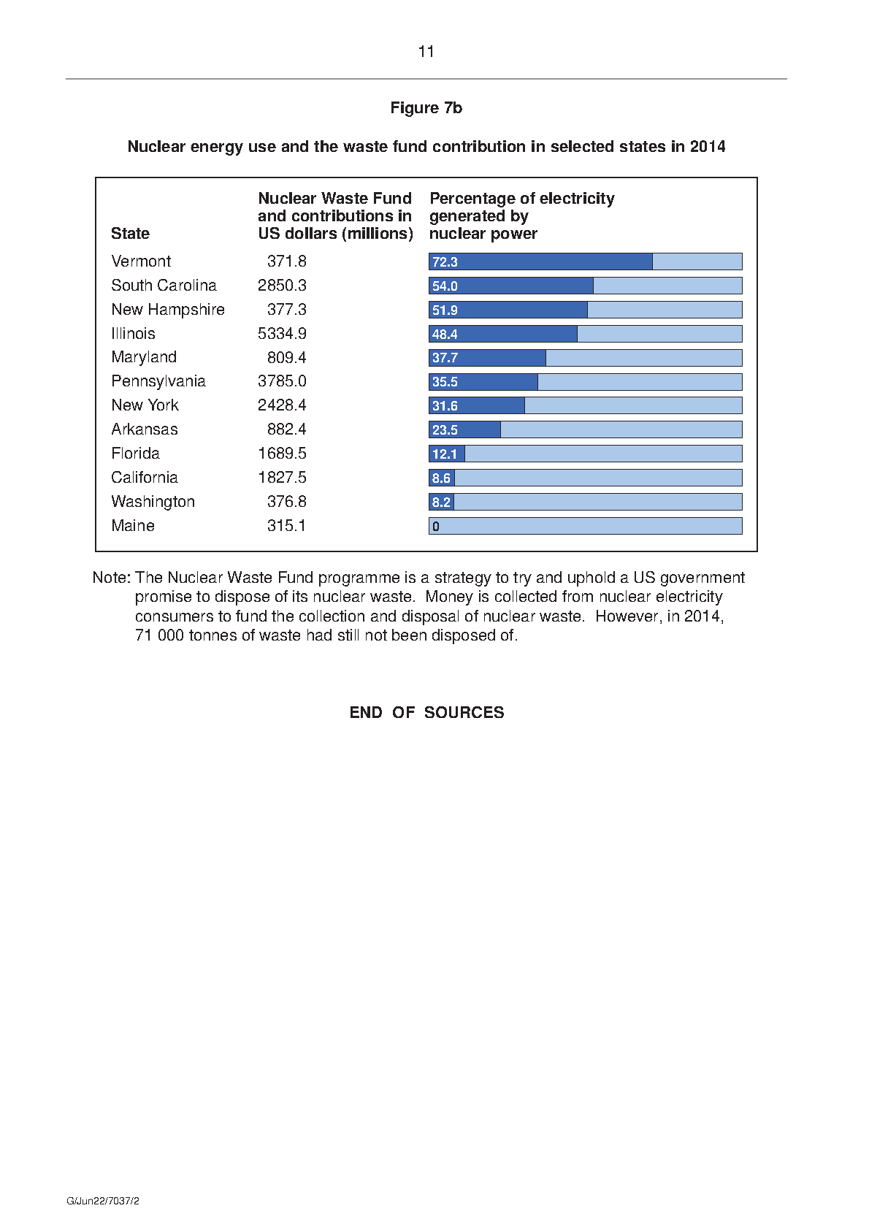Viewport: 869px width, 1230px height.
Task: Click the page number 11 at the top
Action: click(426, 52)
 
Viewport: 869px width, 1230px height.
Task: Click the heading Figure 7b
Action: click(426, 107)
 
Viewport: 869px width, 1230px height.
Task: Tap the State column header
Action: click(130, 234)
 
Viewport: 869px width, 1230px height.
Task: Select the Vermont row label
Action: click(141, 261)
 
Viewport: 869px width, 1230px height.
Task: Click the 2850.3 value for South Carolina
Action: click(282, 285)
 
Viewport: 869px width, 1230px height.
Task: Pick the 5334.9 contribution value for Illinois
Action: click(282, 333)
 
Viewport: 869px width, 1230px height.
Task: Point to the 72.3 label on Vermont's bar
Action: click(445, 262)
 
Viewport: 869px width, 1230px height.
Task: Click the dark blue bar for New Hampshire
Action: click(508, 310)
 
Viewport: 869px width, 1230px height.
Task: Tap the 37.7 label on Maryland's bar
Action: click(445, 358)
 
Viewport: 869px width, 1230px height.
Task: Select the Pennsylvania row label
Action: click(158, 381)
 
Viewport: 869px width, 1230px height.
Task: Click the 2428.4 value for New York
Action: click(282, 405)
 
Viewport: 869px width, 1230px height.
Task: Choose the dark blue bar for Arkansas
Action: click(465, 429)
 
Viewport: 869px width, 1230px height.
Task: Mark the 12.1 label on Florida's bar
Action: click(445, 454)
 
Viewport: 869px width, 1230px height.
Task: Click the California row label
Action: click(145, 477)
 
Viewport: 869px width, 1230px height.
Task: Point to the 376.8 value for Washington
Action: click(286, 501)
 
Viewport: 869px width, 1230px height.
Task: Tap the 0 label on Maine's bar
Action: click(436, 527)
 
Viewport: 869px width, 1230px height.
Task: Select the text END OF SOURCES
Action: click(426, 712)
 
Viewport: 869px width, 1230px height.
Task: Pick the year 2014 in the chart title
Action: click(708, 147)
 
